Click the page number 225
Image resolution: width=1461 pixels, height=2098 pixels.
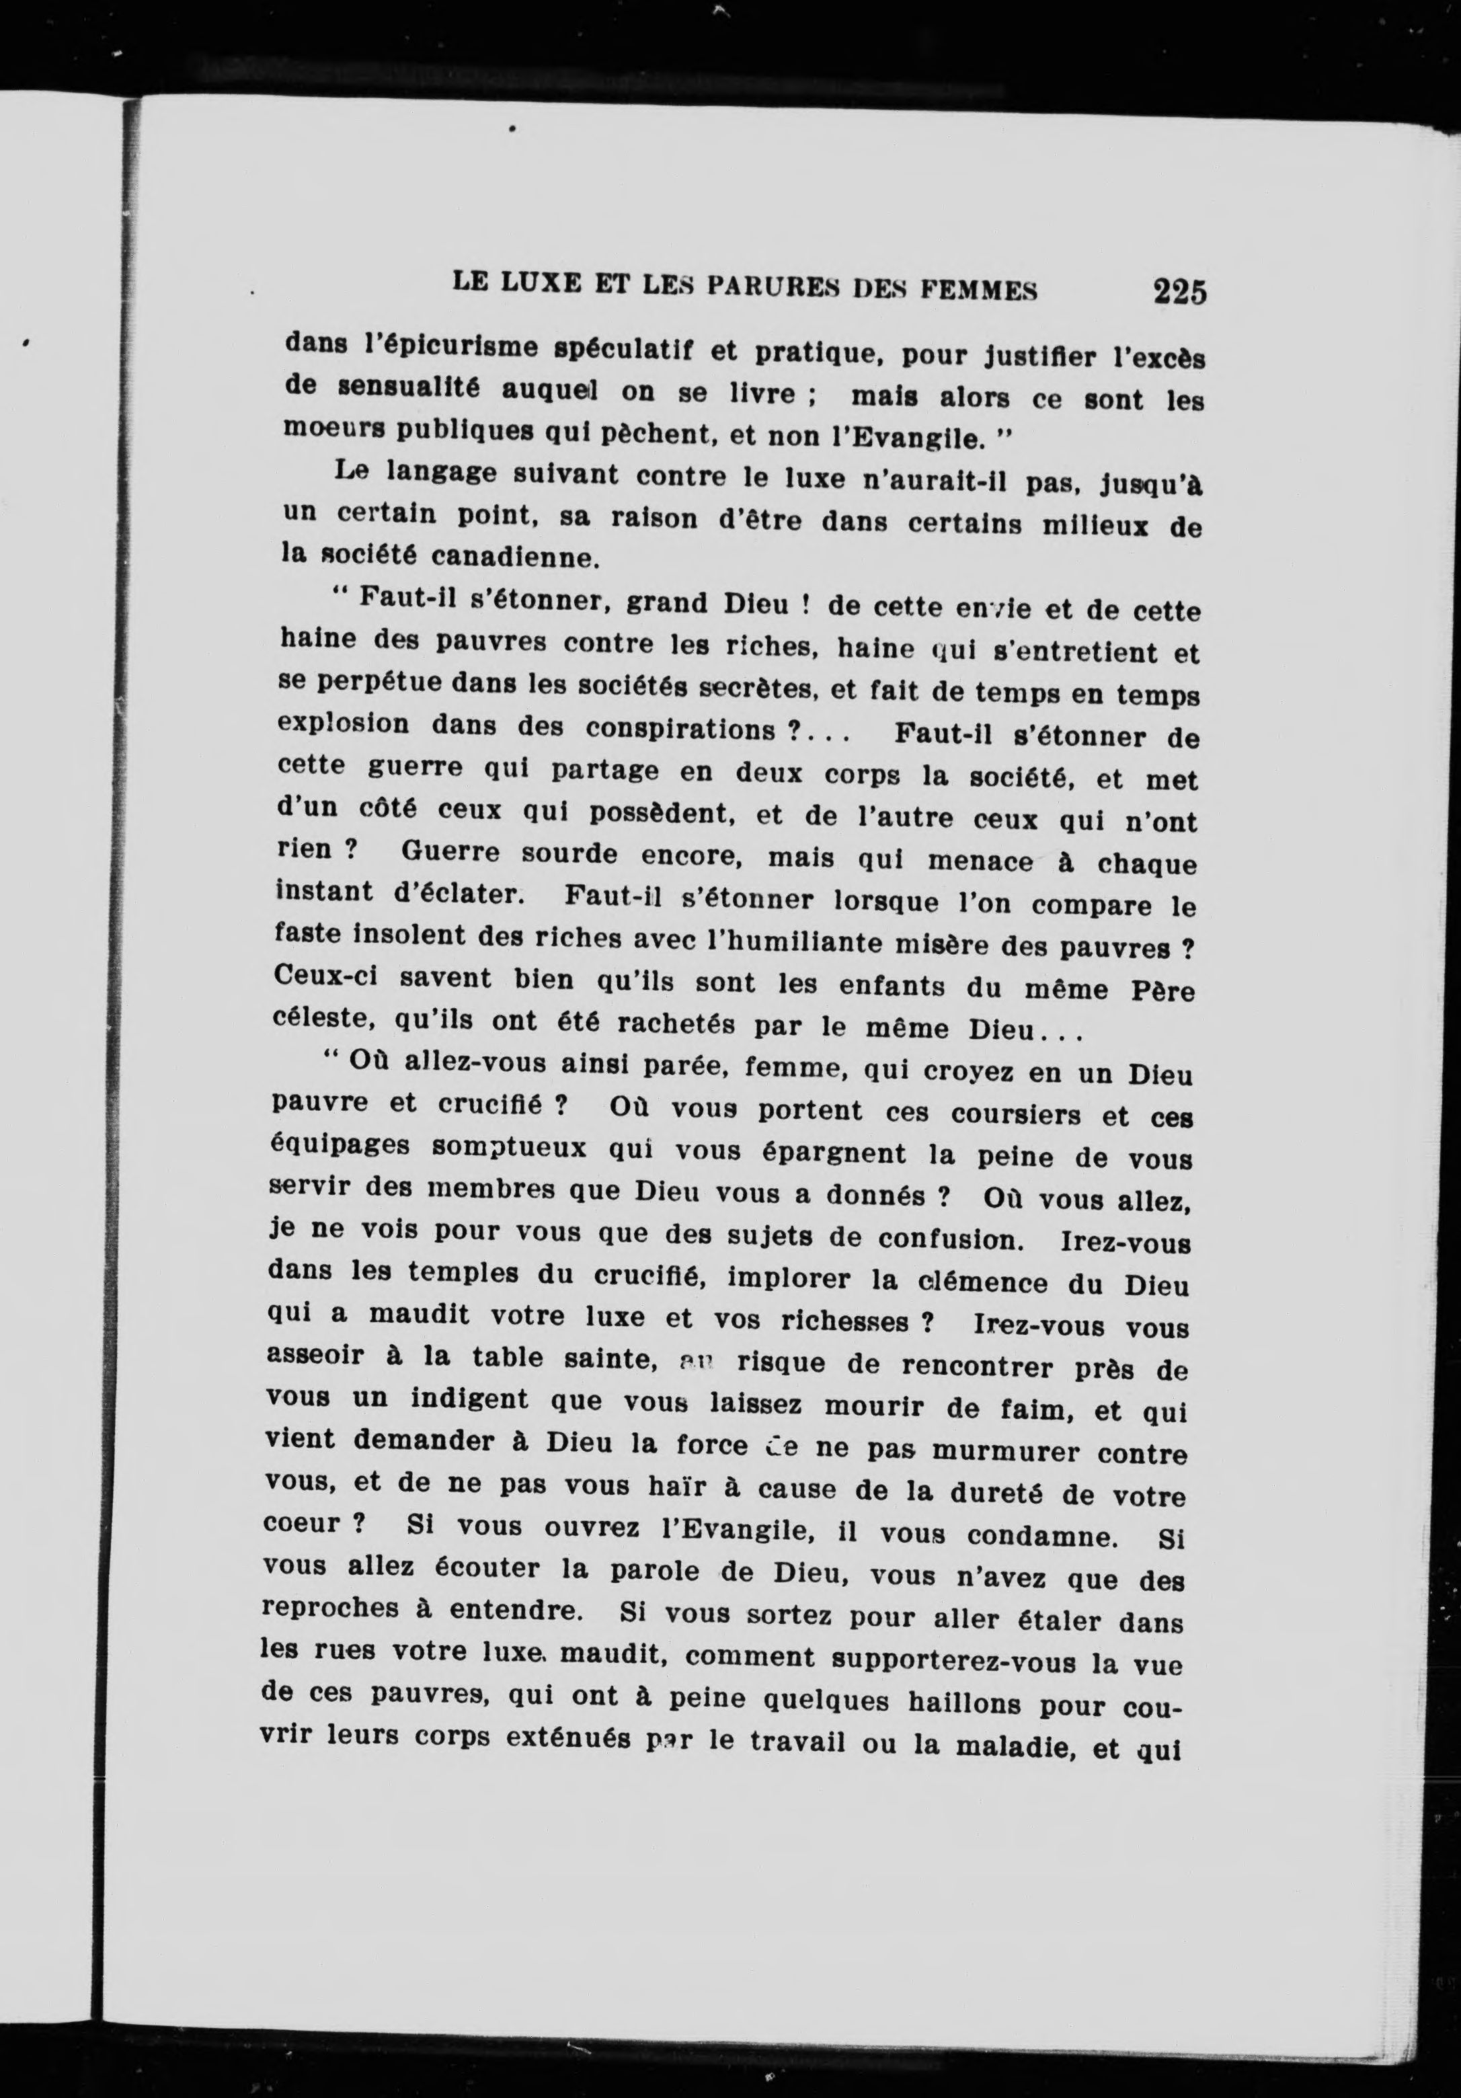tap(1179, 293)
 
